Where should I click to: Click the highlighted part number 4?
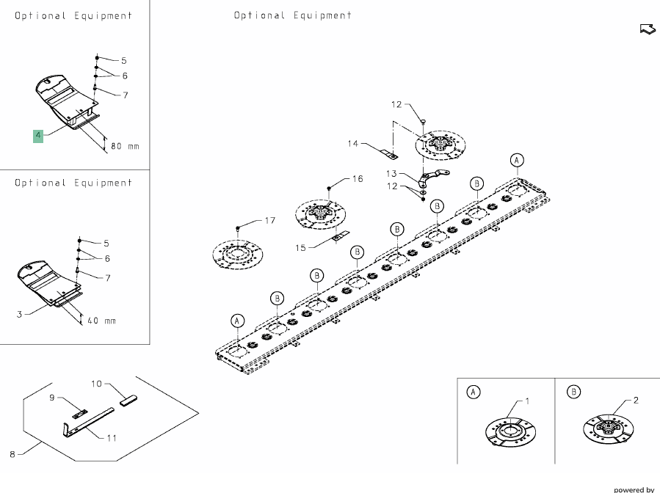coord(37,136)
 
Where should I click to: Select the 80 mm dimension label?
coord(125,146)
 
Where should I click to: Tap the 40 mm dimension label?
coord(102,321)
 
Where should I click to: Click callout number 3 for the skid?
coord(18,314)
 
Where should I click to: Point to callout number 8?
coord(12,455)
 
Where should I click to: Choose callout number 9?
coord(52,398)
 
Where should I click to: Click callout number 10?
coord(96,383)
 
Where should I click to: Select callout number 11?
coord(112,438)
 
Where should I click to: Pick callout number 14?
coord(353,144)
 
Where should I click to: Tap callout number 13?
coord(391,174)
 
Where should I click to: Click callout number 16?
coord(358,179)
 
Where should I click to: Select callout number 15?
coord(300,248)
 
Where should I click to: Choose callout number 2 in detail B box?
coord(636,401)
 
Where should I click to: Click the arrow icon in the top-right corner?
coord(647,29)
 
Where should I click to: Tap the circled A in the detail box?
coord(474,392)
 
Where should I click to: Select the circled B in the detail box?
coord(574,392)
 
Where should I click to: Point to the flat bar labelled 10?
coord(128,400)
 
